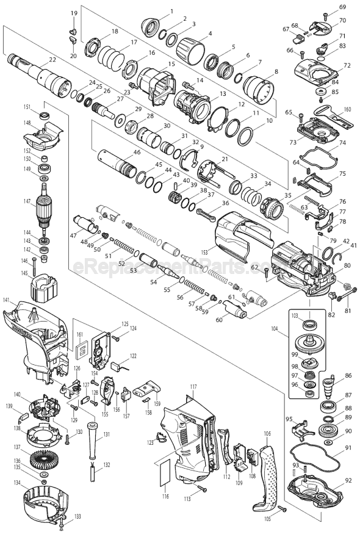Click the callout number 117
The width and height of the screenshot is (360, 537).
coord(193,387)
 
